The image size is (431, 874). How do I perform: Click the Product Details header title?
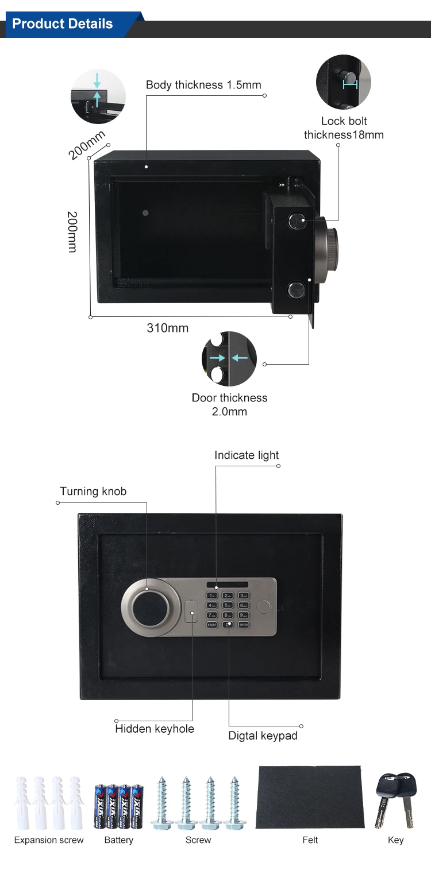[62, 24]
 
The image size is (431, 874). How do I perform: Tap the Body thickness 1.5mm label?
[203, 85]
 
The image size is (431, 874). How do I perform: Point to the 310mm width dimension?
[168, 328]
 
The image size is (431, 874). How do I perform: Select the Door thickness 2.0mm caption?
[229, 404]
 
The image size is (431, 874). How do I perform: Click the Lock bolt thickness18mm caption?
[344, 128]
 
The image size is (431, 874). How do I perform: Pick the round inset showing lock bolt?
[344, 82]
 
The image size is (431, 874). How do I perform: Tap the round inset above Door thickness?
[229, 359]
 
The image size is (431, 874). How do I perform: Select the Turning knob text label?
[93, 491]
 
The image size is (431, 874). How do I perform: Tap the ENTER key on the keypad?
[244, 624]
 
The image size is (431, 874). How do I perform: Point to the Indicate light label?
[247, 455]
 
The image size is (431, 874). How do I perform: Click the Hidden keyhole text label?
[155, 729]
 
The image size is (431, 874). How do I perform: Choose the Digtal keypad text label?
[263, 736]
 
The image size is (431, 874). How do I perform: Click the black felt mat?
[310, 796]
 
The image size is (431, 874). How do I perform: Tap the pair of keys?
[395, 799]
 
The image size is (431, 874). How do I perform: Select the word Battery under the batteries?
[119, 840]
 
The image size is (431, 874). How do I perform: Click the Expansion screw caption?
[49, 840]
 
